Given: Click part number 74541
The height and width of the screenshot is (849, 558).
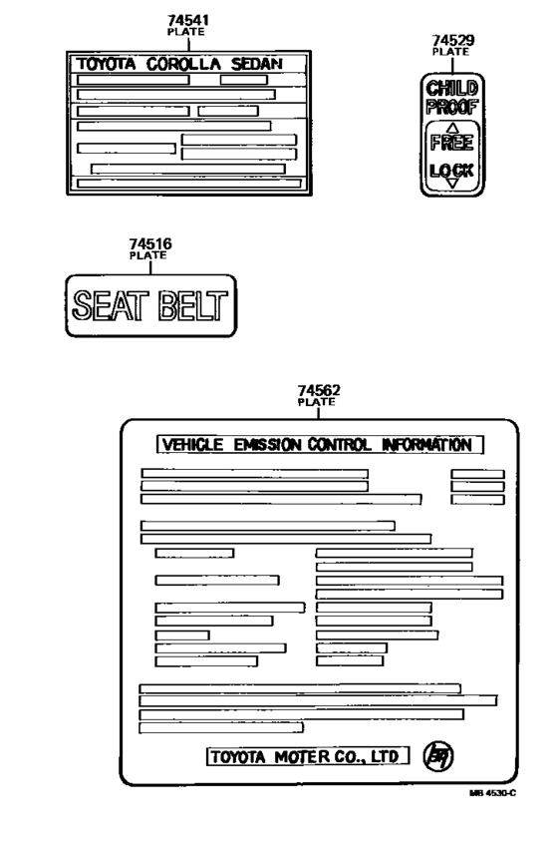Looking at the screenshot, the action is (x=188, y=20).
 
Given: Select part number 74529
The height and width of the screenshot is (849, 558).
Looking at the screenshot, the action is (x=453, y=40).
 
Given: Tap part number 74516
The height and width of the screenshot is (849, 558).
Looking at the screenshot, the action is (x=150, y=243).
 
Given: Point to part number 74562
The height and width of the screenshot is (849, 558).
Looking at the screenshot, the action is (x=319, y=390).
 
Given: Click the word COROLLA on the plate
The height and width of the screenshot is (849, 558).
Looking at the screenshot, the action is (x=183, y=65).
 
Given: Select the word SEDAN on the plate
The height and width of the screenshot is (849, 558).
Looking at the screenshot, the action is (x=257, y=65).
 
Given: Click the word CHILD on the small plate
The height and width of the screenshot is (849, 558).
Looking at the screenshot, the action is (x=452, y=88).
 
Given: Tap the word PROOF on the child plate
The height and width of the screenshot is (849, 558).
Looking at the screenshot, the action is (x=452, y=107).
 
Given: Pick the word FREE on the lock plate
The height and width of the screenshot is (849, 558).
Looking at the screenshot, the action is (x=452, y=143).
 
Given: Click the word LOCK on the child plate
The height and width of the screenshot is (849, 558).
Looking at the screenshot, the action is (x=452, y=172).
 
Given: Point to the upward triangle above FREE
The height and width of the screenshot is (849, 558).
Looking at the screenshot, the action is (x=453, y=128).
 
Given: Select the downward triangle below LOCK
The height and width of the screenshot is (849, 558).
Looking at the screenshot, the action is (x=453, y=184).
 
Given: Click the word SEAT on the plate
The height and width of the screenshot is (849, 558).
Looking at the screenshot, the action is (x=111, y=305).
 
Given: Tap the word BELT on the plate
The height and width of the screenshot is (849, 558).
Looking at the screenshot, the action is (x=193, y=305).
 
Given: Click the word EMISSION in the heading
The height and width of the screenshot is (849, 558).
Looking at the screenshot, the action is (x=268, y=445).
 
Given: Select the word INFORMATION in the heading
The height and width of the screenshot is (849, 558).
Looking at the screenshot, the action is (x=427, y=445).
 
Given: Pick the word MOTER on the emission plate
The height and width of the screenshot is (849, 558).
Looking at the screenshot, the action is (x=301, y=756).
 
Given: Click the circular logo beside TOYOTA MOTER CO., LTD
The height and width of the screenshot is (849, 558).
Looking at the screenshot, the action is (x=438, y=756).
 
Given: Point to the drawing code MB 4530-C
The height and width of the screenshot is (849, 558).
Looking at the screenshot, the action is (x=492, y=793).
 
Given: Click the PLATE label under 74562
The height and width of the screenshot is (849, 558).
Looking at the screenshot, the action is (x=316, y=402).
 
